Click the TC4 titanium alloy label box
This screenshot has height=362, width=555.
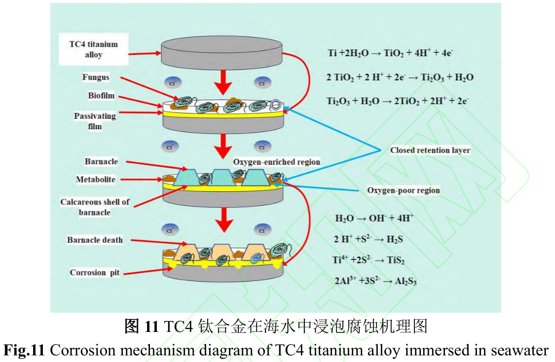point(93,49)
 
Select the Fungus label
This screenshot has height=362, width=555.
point(96,77)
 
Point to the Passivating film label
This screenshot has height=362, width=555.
point(95,121)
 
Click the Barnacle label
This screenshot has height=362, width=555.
point(101,162)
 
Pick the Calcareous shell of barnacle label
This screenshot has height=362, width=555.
point(95,207)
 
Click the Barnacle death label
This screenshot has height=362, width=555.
point(95,240)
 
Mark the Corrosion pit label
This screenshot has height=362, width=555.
point(95,273)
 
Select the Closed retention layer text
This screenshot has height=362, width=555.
point(430,150)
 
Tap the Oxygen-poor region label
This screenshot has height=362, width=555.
point(403,190)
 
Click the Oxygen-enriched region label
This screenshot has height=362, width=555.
point(276,162)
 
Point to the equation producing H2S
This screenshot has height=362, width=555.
point(370,239)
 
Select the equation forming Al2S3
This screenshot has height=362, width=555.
point(375,281)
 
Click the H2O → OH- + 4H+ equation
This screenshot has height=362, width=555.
point(373,218)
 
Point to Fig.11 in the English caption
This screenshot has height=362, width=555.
point(24,350)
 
